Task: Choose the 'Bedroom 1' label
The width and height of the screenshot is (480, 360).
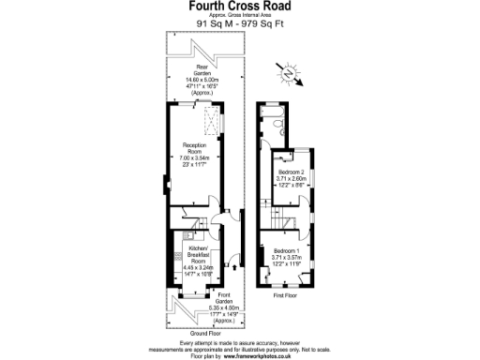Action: coord(287,256)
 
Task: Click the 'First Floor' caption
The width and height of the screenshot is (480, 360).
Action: coord(286,295)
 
